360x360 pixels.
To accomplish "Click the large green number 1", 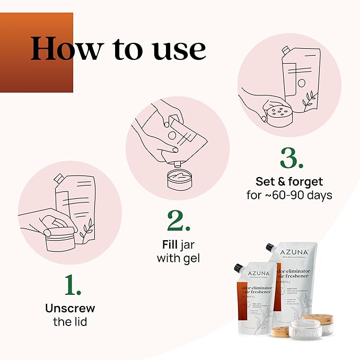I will [x=73, y=285].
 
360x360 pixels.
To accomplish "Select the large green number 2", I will [x=179, y=220].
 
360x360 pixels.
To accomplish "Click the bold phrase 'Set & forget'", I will [x=289, y=181].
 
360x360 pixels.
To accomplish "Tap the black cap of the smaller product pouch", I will [x=241, y=268].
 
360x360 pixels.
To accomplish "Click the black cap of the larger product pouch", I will [x=271, y=249].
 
